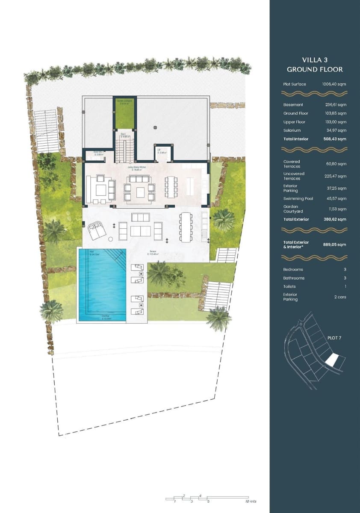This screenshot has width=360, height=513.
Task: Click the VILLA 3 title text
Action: [314, 59]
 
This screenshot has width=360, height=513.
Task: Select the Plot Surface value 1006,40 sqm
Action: [334, 84]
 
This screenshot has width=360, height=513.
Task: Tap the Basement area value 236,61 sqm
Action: [336, 105]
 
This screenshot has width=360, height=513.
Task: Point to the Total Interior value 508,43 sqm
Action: [335, 139]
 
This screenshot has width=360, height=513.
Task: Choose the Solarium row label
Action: [292, 130]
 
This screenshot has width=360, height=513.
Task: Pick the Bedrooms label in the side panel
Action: [293, 270]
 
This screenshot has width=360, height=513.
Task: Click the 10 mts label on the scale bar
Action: [251, 501]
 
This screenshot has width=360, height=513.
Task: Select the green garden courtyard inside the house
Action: [125, 113]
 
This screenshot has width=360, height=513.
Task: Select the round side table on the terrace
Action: [110, 239]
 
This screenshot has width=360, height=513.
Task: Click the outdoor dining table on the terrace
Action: [186, 227]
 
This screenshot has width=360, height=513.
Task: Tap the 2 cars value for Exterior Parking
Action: [340, 297]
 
